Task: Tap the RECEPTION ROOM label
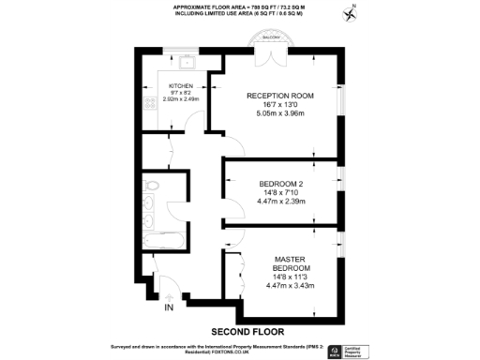pos(280,96)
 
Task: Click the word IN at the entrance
pos(169,307)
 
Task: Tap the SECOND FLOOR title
pos(247,331)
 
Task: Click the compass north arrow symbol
pos(352,12)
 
